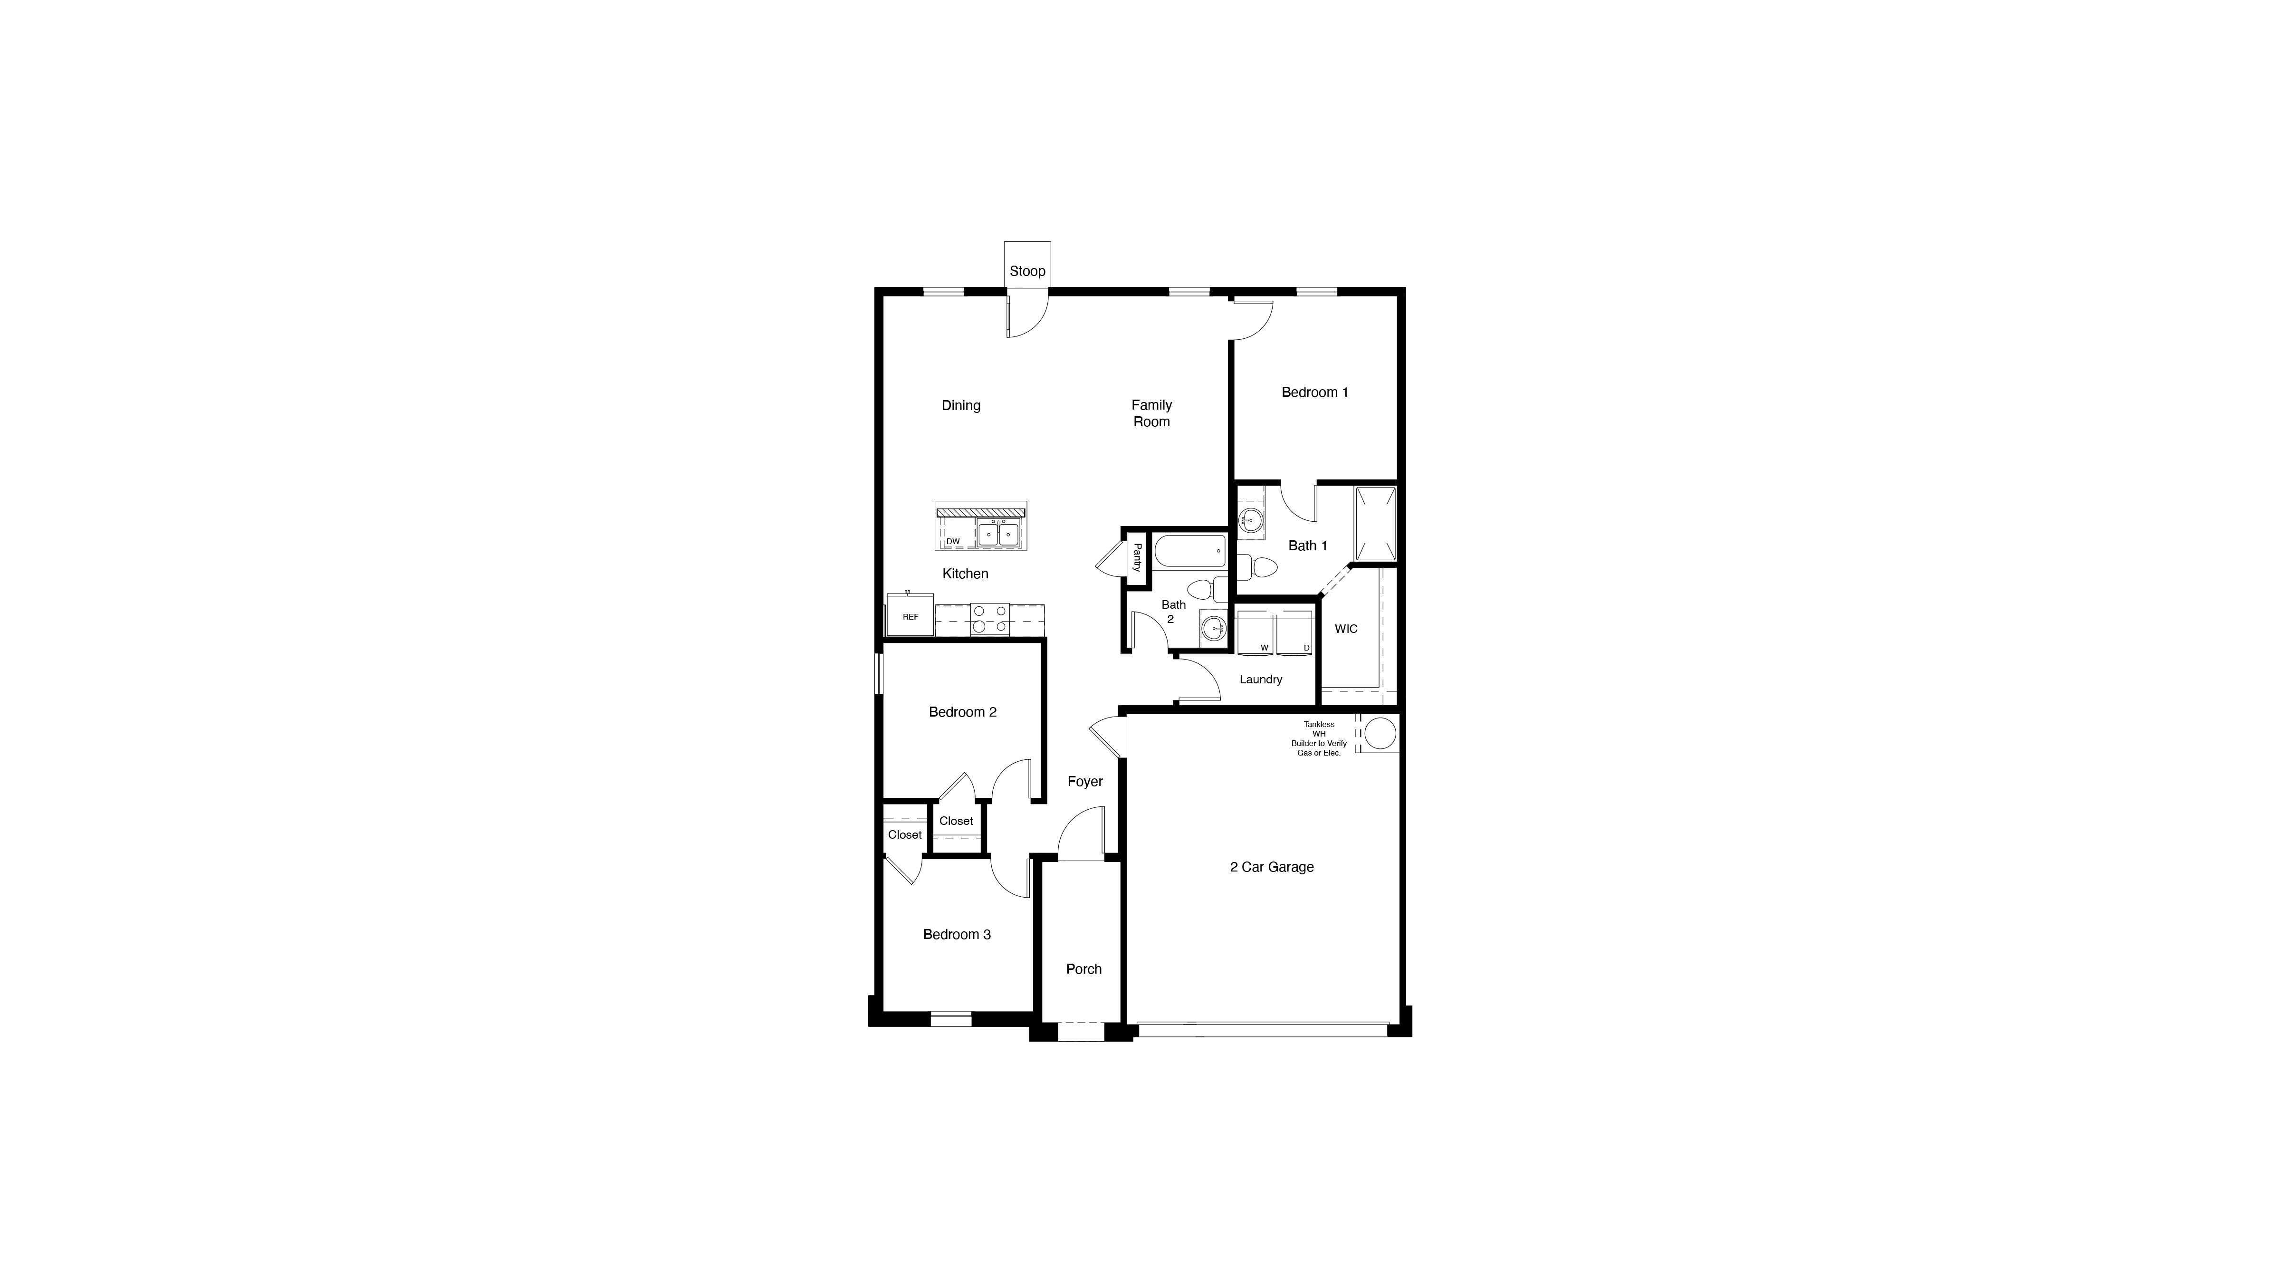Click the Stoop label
click(x=1027, y=271)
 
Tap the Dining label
click(x=961, y=405)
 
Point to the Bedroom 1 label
click(x=1314, y=392)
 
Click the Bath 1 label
click(x=1307, y=546)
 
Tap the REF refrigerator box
click(x=910, y=616)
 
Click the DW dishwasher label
click(x=953, y=541)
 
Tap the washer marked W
click(x=1256, y=632)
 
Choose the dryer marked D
click(x=1294, y=632)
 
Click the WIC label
click(x=1346, y=629)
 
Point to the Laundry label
click(x=1260, y=679)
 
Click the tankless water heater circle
click(x=1380, y=733)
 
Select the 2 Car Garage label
click(x=1272, y=867)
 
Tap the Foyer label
click(x=1085, y=781)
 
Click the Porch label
click(x=1084, y=969)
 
